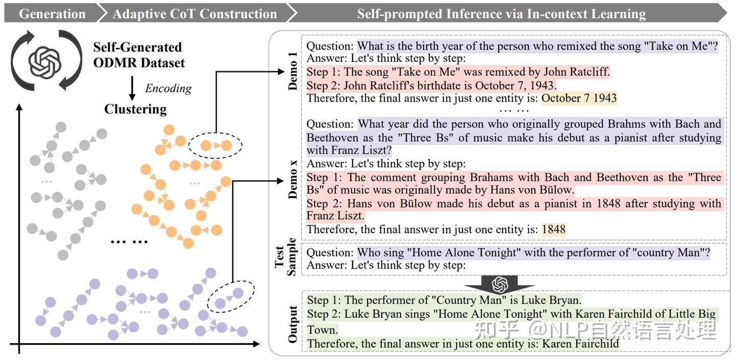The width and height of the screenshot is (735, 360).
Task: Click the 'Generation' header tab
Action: (x=52, y=13)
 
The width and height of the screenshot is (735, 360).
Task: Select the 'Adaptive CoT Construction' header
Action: (x=194, y=13)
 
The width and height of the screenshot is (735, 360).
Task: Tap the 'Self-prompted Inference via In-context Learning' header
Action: (x=501, y=13)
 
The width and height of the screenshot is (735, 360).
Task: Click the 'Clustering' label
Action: (x=135, y=109)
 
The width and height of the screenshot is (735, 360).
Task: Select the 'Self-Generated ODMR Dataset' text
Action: (x=138, y=55)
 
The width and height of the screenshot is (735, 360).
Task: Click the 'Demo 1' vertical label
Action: (x=292, y=75)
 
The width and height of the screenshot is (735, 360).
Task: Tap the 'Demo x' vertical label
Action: (x=293, y=178)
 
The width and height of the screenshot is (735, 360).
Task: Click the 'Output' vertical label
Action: (x=292, y=324)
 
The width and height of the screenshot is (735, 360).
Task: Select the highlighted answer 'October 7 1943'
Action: (x=579, y=98)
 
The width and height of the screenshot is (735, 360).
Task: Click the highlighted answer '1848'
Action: (x=553, y=230)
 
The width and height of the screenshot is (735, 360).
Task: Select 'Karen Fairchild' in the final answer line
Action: (x=580, y=344)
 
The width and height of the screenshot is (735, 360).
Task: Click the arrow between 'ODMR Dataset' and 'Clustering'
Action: (x=132, y=88)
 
